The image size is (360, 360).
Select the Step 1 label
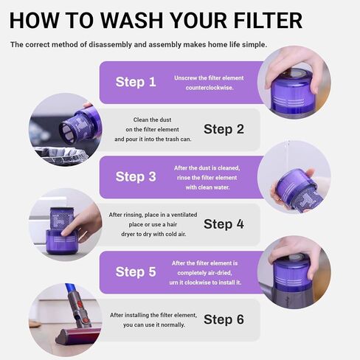(136, 82)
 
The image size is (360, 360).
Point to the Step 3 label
(136, 176)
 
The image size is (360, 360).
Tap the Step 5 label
(136, 271)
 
